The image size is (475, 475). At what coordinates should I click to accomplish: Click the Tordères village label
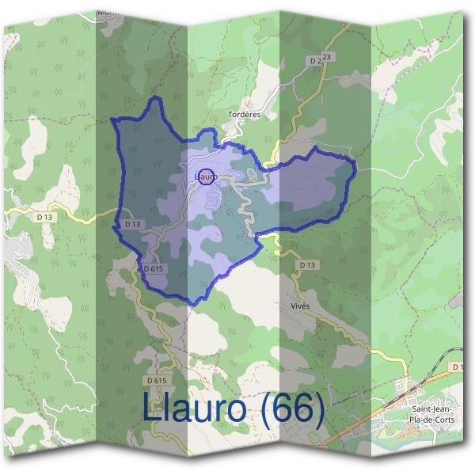[244, 115]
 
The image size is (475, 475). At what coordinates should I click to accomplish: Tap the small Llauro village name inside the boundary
[204, 177]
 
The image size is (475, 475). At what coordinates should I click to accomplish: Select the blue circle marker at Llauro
[206, 177]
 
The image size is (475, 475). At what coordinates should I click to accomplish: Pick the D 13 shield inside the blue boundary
[132, 224]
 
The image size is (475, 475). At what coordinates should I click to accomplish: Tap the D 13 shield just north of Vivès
[307, 264]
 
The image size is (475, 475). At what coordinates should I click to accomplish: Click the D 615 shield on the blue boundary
[154, 269]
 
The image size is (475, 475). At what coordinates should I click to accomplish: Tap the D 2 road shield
[317, 59]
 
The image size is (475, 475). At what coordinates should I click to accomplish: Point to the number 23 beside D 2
[328, 57]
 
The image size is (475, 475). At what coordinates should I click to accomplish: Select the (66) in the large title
[293, 410]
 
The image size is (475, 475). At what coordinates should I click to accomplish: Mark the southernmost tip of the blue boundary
[192, 304]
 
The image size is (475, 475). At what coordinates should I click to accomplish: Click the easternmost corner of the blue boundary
[355, 167]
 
